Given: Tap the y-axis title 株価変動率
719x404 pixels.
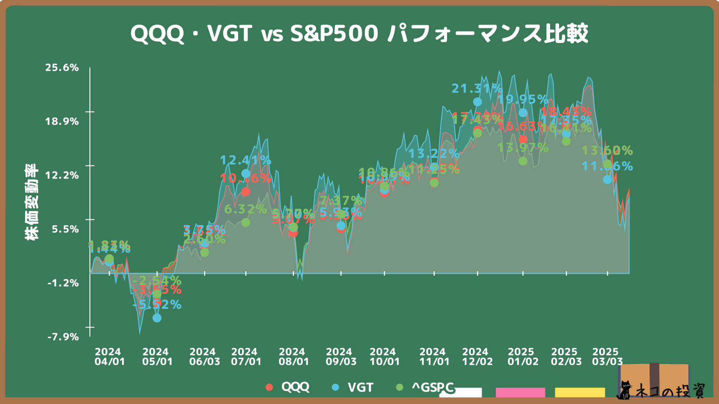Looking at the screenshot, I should click(x=31, y=202).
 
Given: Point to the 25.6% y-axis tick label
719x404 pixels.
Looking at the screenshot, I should click(x=62, y=68).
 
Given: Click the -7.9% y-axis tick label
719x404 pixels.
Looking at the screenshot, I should click(x=63, y=337).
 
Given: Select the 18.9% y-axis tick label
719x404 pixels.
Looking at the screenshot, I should click(x=62, y=122).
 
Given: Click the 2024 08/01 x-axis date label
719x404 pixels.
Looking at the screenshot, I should click(x=294, y=357).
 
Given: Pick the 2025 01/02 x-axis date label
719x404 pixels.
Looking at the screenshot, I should click(x=523, y=357).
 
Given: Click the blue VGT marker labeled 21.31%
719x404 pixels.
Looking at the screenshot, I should click(x=477, y=102).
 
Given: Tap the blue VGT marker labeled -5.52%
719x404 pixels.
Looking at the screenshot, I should click(x=157, y=318).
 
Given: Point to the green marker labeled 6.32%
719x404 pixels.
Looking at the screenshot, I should click(x=246, y=223).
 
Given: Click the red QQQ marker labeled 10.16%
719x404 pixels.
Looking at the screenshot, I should click(x=246, y=192).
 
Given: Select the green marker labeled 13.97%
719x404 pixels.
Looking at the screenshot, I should click(x=523, y=161).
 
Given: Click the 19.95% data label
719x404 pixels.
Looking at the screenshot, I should click(x=523, y=100).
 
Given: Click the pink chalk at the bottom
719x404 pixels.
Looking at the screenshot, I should click(x=520, y=392).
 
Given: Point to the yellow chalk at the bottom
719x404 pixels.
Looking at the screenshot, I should click(x=580, y=392).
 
